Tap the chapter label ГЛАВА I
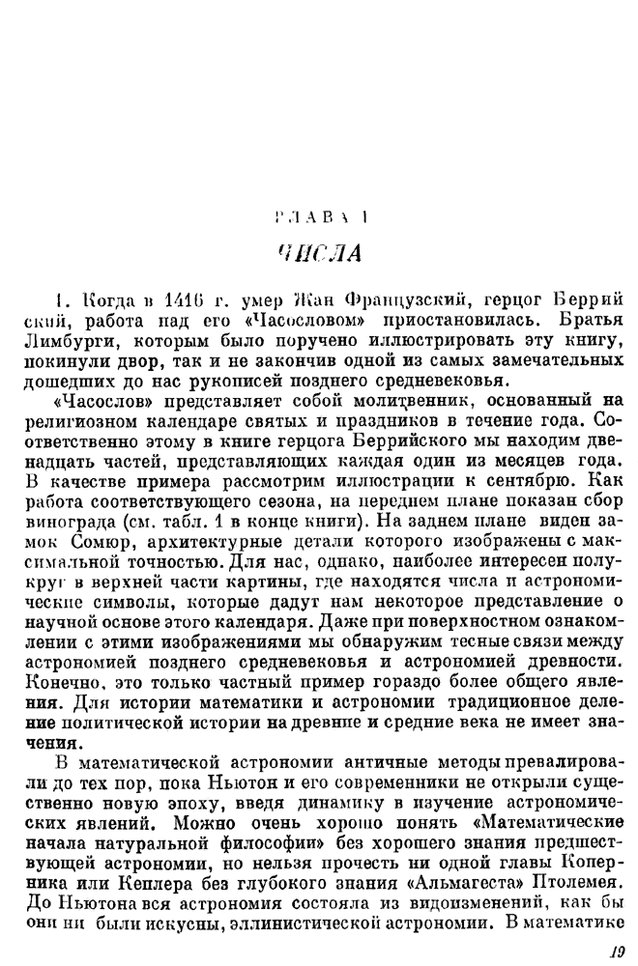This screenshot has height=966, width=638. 320,218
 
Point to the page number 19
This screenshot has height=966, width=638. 616,952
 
